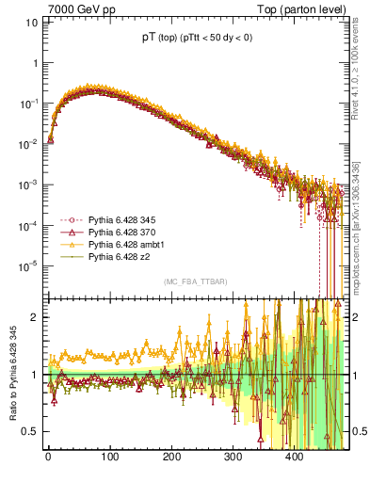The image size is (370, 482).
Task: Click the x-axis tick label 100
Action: tap(109, 457)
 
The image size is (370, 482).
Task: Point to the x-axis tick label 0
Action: tap(48, 457)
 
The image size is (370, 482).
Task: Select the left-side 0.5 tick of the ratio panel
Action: tap(30, 431)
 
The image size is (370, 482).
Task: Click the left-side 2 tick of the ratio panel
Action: tap(35, 317)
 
